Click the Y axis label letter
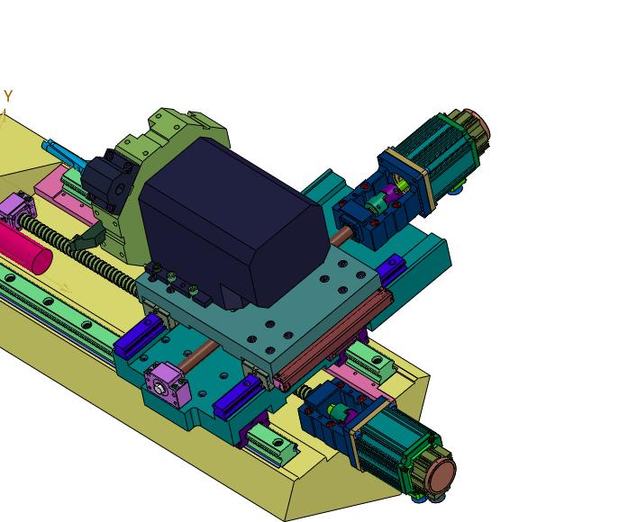coord(8,95)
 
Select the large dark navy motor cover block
coord(233,220)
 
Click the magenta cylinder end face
coord(42,261)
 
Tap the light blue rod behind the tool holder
coord(63,154)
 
